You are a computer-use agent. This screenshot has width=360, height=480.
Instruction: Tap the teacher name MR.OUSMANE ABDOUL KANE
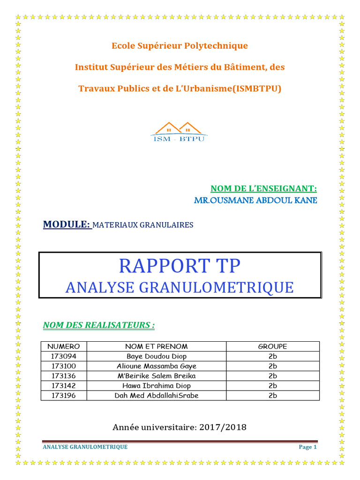(x=255, y=201)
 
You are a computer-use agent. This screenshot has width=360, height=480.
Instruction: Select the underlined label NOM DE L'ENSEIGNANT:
(x=263, y=188)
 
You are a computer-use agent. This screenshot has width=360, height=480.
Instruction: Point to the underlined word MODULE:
(x=67, y=225)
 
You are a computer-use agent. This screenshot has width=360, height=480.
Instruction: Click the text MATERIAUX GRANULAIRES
(x=143, y=225)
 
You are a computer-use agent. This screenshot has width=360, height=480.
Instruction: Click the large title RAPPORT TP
(x=180, y=266)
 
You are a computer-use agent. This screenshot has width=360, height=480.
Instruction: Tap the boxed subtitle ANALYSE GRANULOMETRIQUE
(x=180, y=287)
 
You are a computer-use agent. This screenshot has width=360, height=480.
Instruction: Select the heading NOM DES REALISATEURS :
(x=99, y=325)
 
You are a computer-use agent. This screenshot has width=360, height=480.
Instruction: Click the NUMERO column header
(x=64, y=346)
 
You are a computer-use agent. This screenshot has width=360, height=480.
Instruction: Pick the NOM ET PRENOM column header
(x=157, y=346)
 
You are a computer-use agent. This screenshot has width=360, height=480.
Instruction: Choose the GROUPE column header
(x=273, y=346)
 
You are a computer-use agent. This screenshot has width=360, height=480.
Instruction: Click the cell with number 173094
(x=64, y=356)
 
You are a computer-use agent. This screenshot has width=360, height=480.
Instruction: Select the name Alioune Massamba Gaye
(x=157, y=366)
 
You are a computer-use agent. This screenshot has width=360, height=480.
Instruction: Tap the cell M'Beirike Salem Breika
(x=157, y=376)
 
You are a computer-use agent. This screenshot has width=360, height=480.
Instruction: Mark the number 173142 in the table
(x=64, y=386)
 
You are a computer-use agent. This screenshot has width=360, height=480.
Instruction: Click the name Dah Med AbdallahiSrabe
(x=157, y=396)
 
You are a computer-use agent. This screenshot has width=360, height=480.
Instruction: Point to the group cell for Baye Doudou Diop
(x=273, y=356)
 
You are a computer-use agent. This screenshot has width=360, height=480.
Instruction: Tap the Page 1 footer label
(x=308, y=447)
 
